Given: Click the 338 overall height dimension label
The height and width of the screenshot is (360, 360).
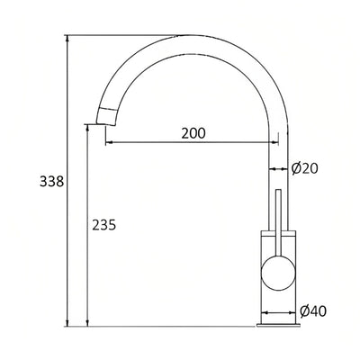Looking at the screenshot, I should (x=52, y=182).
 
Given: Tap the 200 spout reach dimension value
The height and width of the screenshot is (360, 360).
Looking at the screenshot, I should (x=193, y=133).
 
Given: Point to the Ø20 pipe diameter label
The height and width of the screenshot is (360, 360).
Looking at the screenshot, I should (x=304, y=167).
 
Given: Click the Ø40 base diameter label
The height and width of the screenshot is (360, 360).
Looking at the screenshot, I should (x=310, y=310).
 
